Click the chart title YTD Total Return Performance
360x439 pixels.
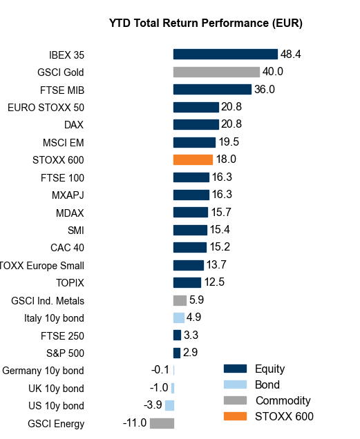[206, 23]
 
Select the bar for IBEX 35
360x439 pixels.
[225, 55]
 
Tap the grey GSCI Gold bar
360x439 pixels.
[216, 72]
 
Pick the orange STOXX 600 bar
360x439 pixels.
[193, 159]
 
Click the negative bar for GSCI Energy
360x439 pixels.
[162, 423]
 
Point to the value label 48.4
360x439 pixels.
[290, 54]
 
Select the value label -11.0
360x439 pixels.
[134, 423]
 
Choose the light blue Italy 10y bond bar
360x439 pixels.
[178, 318]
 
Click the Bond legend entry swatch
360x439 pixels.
[235, 384]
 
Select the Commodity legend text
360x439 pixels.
[283, 400]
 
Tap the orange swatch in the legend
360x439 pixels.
[235, 416]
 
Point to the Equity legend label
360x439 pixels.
[269, 369]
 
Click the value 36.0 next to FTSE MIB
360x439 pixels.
[265, 89]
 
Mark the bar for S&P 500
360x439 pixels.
[176, 353]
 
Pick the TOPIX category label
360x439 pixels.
[70, 282]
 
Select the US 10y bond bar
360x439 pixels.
[169, 405]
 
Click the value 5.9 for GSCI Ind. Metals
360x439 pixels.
[196, 300]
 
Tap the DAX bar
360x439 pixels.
[196, 124]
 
